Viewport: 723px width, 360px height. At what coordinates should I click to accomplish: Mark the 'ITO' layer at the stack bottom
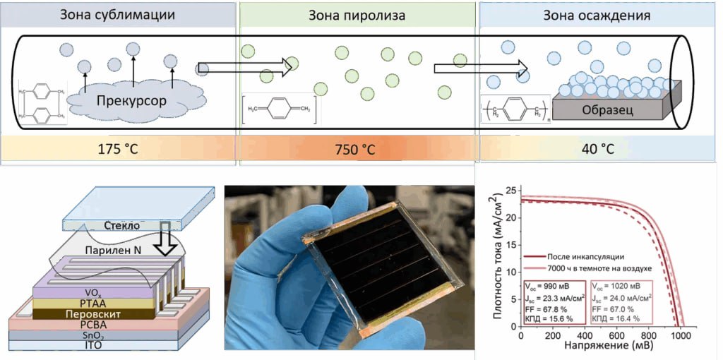click(x=94, y=345)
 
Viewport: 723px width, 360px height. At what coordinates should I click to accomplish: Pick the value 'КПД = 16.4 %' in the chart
click(x=614, y=318)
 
